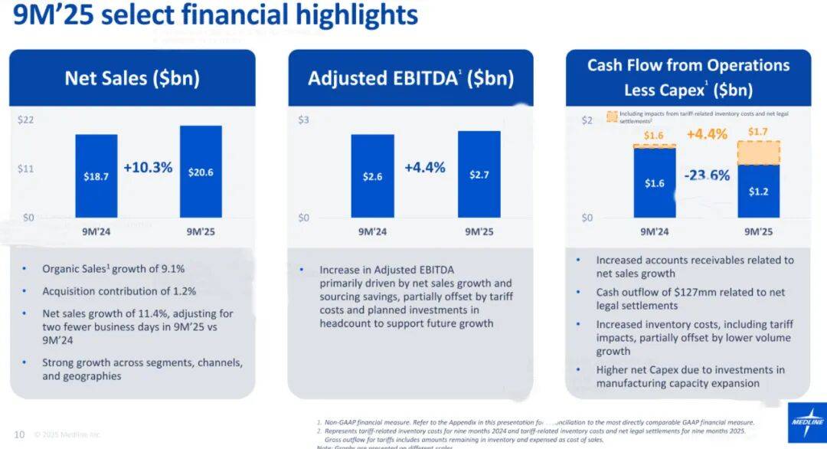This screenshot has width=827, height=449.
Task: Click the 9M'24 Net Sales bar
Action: point(96,175)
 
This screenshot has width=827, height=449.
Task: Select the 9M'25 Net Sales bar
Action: point(201,171)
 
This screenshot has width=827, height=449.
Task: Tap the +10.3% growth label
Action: point(148,167)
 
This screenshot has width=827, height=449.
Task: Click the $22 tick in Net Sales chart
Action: point(26,120)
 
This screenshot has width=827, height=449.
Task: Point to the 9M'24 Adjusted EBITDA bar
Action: point(373,175)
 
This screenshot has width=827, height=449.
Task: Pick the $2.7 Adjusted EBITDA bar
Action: point(479,174)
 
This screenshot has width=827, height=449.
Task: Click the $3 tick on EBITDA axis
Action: point(305,120)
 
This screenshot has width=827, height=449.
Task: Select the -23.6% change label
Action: point(708,175)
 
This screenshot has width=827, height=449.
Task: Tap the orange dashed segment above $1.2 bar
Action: point(758,152)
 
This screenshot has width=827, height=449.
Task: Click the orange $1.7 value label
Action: point(758,133)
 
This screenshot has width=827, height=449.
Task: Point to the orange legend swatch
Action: point(611,117)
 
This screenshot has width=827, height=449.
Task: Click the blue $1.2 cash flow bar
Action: point(758,191)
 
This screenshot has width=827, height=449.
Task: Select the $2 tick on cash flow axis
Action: point(587,120)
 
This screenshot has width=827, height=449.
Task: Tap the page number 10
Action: point(19,434)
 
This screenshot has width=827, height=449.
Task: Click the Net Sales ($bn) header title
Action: point(132,78)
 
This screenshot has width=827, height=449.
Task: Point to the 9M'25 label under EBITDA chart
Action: point(479,231)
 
